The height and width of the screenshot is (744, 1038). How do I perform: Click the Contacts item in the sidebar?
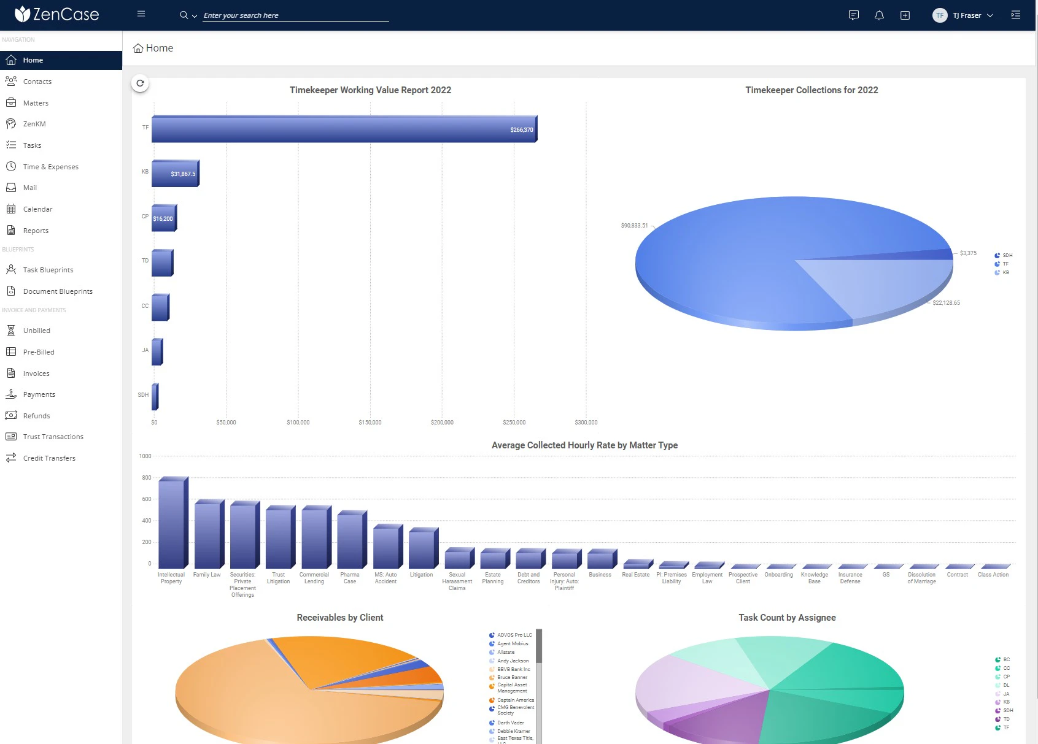(x=37, y=82)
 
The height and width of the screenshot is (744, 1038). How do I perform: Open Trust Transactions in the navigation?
(x=53, y=437)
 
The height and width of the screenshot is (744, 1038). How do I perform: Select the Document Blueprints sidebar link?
(x=58, y=291)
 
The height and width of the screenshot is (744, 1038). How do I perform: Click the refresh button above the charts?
(x=140, y=83)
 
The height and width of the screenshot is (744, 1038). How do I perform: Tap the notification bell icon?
(x=879, y=15)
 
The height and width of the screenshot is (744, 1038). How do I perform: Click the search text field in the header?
(x=295, y=15)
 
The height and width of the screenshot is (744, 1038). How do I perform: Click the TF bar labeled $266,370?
(x=344, y=129)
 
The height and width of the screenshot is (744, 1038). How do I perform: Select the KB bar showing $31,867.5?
(x=175, y=174)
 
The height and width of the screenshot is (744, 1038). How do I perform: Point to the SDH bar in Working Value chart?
(x=155, y=396)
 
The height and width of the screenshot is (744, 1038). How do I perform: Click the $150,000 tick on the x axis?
(x=370, y=423)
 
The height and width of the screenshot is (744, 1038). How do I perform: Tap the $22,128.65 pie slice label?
(x=946, y=303)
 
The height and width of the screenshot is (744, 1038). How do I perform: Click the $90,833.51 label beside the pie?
(x=634, y=226)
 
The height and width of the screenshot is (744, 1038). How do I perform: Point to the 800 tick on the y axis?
(x=146, y=478)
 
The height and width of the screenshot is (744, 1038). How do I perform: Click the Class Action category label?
(x=993, y=575)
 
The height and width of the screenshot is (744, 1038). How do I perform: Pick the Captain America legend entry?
(x=515, y=700)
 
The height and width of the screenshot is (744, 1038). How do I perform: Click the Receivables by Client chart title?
(x=339, y=618)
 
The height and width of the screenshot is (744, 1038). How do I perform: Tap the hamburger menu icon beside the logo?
(x=141, y=13)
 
